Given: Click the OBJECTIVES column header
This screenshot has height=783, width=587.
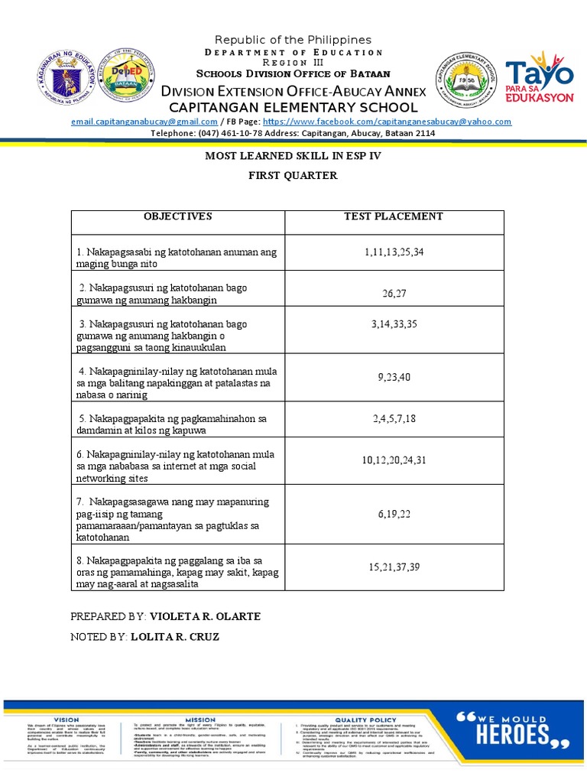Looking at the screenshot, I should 177,216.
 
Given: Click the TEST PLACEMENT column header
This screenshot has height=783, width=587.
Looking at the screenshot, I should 394,216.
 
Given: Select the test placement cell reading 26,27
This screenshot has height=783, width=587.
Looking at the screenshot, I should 394,294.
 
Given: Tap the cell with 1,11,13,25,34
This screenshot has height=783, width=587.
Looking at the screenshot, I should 394,252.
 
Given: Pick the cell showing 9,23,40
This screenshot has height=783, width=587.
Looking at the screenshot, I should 394,376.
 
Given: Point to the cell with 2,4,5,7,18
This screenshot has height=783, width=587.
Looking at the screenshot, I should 394,418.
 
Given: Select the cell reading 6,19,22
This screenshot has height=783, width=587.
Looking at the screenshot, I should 394,515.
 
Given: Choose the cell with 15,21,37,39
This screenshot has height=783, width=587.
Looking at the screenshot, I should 394,567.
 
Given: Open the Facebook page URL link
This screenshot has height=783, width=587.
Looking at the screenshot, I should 388,122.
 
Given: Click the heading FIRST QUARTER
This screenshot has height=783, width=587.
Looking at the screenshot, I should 292,176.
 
